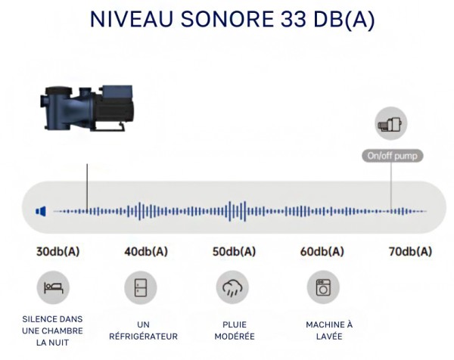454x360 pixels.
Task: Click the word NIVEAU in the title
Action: pyautogui.click(x=132, y=19)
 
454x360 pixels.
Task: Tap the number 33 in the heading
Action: pyautogui.click(x=293, y=19)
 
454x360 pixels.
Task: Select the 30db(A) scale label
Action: pyautogui.click(x=58, y=252)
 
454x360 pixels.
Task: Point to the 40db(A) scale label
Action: pyautogui.click(x=146, y=252)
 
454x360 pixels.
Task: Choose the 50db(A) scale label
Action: pyautogui.click(x=235, y=252)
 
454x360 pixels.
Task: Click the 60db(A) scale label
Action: pyautogui.click(x=322, y=252)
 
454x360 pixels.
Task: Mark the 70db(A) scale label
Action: pyautogui.click(x=410, y=252)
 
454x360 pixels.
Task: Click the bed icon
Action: pyautogui.click(x=53, y=287)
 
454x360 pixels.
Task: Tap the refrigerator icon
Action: pyautogui.click(x=141, y=287)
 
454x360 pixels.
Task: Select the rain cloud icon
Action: pyautogui.click(x=232, y=288)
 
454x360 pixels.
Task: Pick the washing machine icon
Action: pyautogui.click(x=323, y=287)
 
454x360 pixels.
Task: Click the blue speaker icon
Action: pyautogui.click(x=41, y=212)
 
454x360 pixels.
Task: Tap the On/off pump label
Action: pyautogui.click(x=392, y=156)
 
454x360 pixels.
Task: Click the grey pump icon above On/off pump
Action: pyautogui.click(x=391, y=123)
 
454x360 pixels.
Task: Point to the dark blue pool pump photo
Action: pyautogui.click(x=87, y=107)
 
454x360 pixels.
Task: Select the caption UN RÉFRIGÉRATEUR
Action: pyautogui.click(x=143, y=331)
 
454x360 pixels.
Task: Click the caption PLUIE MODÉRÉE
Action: pyautogui.click(x=235, y=331)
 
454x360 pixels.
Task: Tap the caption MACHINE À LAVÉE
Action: pyautogui.click(x=329, y=331)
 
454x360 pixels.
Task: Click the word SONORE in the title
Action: pyautogui.click(x=227, y=19)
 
